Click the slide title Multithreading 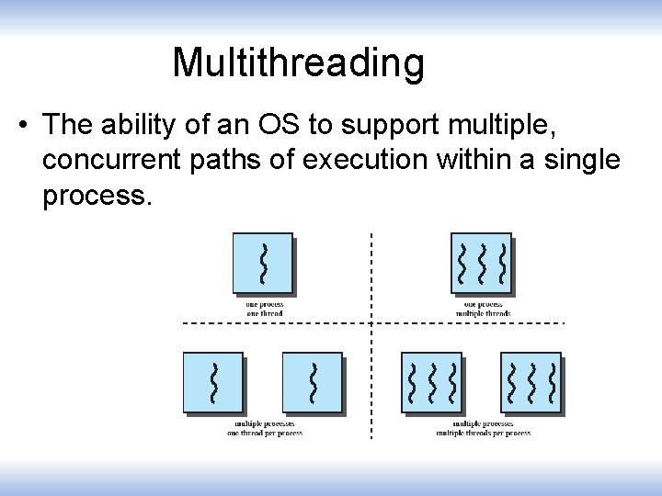point(298,62)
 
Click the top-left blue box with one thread point(263,263)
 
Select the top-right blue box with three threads point(481,263)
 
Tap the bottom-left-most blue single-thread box point(213,381)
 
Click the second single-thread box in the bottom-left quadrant point(313,381)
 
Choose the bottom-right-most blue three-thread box point(531,381)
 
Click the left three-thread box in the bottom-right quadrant point(431,381)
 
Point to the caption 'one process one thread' point(265,309)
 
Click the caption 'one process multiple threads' point(483,309)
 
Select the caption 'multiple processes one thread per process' point(265,428)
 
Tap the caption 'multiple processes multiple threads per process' point(483,428)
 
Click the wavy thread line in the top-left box point(264,263)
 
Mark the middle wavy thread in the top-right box point(482,263)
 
